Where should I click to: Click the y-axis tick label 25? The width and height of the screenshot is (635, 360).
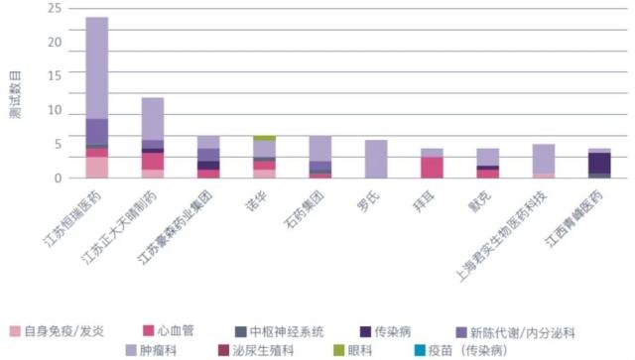55,9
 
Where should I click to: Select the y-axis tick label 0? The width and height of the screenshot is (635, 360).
58,179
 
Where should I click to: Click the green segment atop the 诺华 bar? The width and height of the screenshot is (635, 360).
264,138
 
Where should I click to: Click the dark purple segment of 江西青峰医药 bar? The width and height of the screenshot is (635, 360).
599,163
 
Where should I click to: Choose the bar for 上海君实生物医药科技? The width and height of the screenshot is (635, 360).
544,161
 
